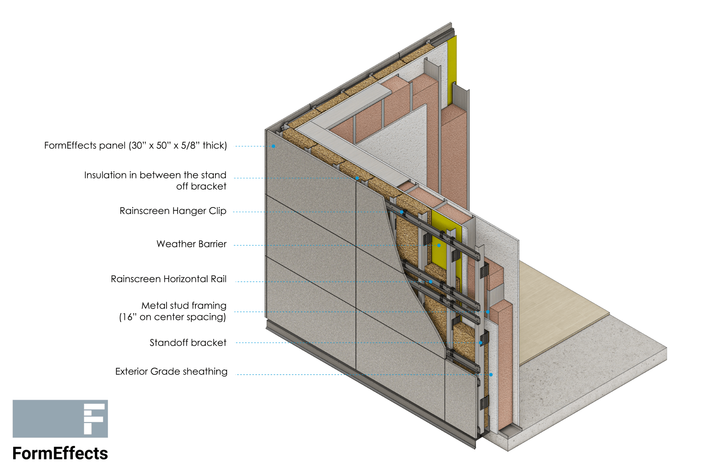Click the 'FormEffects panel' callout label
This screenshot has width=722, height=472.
(135, 145)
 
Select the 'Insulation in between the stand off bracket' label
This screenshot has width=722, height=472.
(155, 181)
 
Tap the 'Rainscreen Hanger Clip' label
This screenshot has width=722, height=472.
(173, 211)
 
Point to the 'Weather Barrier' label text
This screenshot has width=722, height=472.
(191, 244)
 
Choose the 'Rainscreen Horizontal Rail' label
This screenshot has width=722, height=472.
(168, 279)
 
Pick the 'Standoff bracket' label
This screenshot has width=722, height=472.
(188, 343)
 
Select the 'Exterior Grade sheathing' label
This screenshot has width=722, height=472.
(171, 372)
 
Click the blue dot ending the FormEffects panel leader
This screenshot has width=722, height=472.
(274, 146)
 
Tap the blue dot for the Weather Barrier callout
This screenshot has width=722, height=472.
(439, 245)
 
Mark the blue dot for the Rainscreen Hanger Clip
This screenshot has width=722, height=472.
(402, 212)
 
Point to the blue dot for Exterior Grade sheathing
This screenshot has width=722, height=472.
(491, 374)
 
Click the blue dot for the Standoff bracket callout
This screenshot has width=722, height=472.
(481, 343)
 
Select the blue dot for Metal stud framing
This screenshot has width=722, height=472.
(488, 312)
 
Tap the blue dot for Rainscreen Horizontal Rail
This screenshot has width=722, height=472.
(430, 282)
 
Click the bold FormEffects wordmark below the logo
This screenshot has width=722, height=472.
(60, 454)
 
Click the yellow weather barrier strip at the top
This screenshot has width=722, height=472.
(452, 68)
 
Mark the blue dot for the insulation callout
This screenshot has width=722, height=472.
(357, 178)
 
